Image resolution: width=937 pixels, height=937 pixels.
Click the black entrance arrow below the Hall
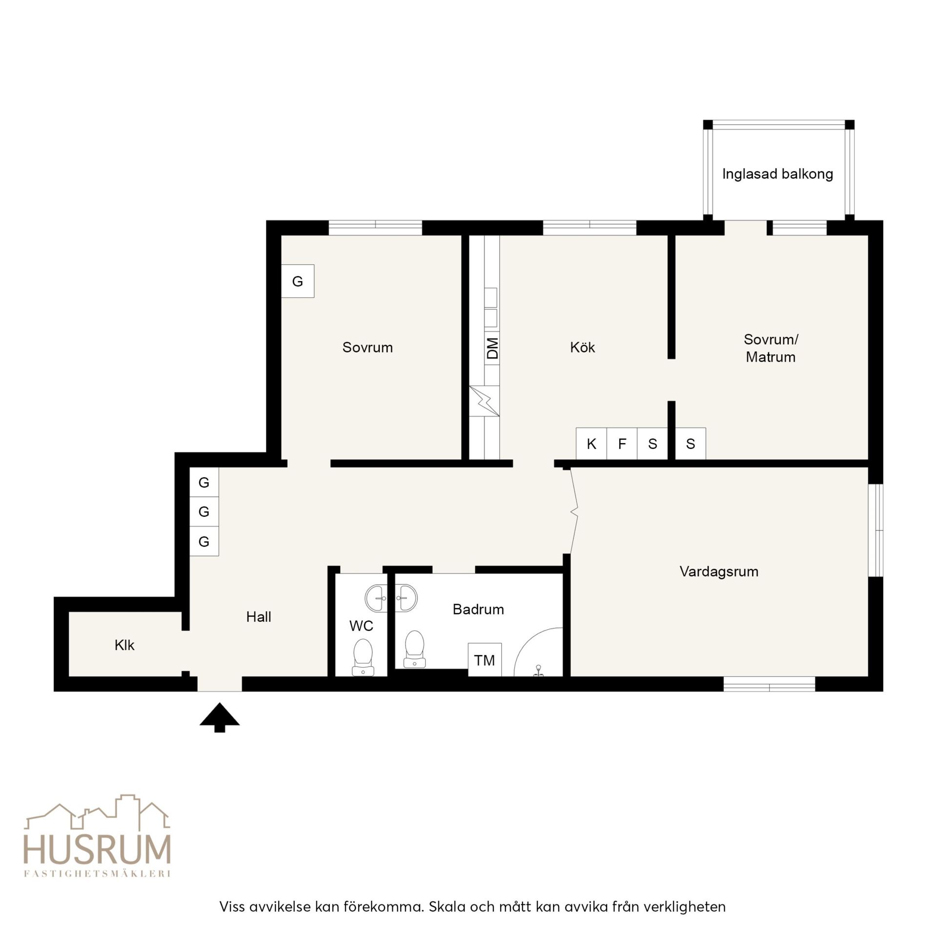220,717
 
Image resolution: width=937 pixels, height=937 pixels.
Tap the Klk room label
124,645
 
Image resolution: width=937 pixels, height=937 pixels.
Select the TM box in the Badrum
485,660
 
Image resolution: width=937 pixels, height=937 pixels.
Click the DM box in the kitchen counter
492,348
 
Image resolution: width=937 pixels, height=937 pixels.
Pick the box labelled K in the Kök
591,444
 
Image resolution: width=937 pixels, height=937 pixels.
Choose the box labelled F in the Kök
622,444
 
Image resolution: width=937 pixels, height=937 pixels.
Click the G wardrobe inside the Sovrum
298,281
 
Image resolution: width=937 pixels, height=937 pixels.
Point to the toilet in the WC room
363,657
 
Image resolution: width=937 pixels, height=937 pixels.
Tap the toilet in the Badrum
414,649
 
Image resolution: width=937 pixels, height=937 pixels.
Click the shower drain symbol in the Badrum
538,671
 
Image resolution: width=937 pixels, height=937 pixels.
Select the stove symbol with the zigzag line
485,401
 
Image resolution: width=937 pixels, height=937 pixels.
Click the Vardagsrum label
719,571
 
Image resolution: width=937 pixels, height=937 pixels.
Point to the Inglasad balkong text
777,174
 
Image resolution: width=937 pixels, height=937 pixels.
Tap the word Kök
582,347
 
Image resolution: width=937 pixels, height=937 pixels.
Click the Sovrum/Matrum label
771,348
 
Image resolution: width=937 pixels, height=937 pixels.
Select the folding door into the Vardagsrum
574,511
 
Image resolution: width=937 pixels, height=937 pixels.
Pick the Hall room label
259,617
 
